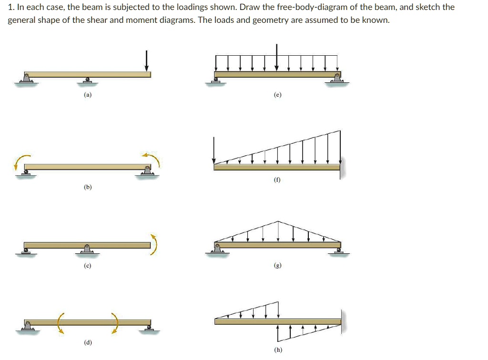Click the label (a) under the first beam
[x=87, y=95]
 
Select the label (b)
[x=87, y=188]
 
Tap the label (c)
[x=87, y=265]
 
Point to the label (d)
[x=87, y=342]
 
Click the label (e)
[x=278, y=95]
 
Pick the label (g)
[x=278, y=265]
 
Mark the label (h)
[x=278, y=350]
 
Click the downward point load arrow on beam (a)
[x=147, y=60]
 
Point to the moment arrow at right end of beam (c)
[x=153, y=244]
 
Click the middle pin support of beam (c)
[x=87, y=249]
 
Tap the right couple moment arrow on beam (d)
[x=115, y=322]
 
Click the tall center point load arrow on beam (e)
[x=277, y=57]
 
